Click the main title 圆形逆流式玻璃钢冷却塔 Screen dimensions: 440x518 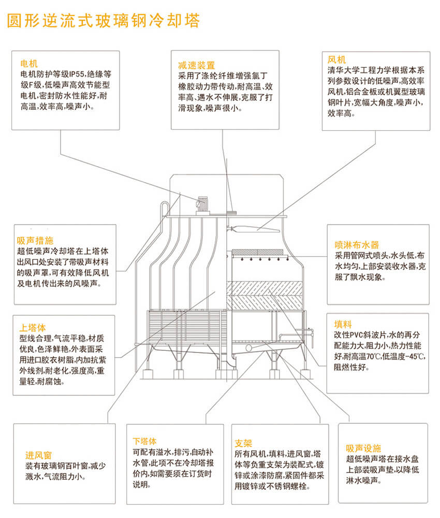tap(104, 21)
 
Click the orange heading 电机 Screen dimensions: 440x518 tap(29, 63)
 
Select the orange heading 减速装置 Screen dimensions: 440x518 tap(197, 65)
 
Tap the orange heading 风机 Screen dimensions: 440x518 tap(336, 60)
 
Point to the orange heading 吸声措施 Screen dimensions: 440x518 tap(35, 241)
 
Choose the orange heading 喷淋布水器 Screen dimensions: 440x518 tap(357, 245)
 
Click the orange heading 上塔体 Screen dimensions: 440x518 tap(33, 328)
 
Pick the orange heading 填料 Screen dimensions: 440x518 tap(343, 324)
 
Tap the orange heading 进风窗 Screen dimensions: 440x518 tap(39, 455)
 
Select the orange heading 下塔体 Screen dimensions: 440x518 tap(144, 441)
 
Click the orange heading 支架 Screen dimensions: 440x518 tap(243, 443)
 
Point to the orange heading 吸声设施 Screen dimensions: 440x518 tap(363, 448)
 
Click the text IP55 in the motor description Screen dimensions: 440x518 tap(77, 74)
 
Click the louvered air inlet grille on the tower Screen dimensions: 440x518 tap(187, 327)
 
